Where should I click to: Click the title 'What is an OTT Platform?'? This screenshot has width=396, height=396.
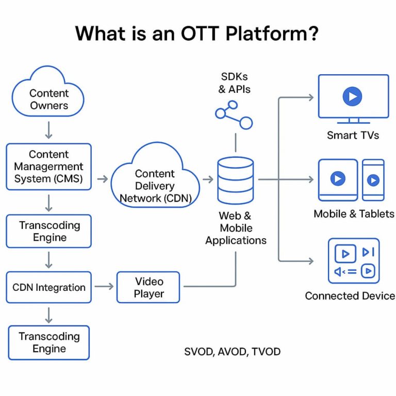point(197,34)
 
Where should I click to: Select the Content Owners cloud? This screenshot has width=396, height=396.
point(48,98)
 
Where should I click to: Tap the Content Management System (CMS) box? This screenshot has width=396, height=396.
point(48,167)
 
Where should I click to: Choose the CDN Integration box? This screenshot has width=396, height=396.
point(48,287)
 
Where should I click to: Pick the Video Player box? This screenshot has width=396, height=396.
point(148,287)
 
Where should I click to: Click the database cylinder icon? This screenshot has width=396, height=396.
point(235,180)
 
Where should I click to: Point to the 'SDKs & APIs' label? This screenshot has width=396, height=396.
point(235,83)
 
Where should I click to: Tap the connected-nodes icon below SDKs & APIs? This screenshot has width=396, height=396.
point(235,116)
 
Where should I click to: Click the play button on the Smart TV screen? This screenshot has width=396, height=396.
point(352,96)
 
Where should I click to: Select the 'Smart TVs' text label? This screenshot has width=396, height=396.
point(353,136)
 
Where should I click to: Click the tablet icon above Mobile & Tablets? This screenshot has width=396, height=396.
point(338,179)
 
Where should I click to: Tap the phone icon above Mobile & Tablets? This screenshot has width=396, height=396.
point(373,179)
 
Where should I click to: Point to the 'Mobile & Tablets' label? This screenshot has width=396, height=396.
point(354,213)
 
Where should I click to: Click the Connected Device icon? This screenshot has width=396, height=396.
point(354,261)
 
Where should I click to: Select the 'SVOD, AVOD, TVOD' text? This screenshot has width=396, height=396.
point(232,352)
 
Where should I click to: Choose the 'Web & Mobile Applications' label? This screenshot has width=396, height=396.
point(236,228)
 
